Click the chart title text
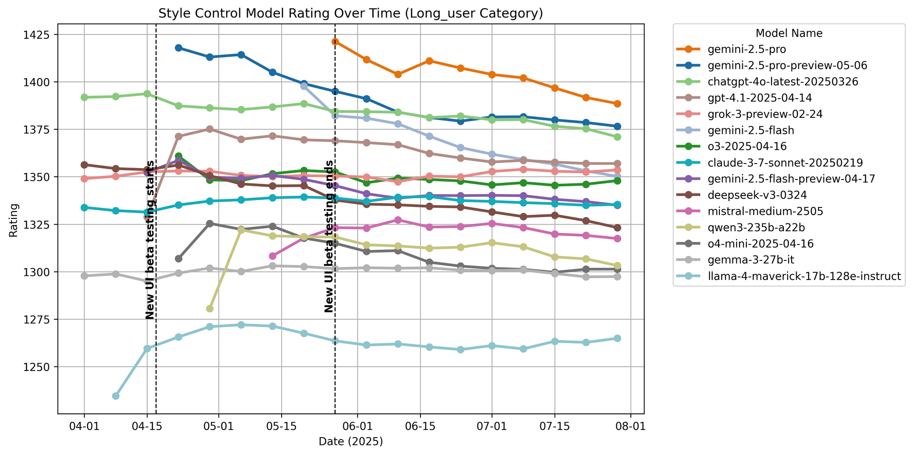pyautogui.click(x=350, y=13)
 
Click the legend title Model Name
pyautogui.click(x=789, y=33)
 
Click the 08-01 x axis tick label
pyautogui.click(x=630, y=428)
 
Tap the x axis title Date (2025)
pyautogui.click(x=350, y=441)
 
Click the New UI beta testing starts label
pyautogui.click(x=150, y=240)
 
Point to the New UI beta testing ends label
pyautogui.click(x=329, y=237)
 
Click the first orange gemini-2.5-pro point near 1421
pyautogui.click(x=335, y=42)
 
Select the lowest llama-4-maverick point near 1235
pyautogui.click(x=115, y=396)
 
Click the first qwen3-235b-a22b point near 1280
pyautogui.click(x=210, y=309)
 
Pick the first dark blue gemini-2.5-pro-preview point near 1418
pyautogui.click(x=178, y=48)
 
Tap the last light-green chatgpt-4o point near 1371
pyautogui.click(x=617, y=137)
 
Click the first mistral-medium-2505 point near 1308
pyautogui.click(x=273, y=256)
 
